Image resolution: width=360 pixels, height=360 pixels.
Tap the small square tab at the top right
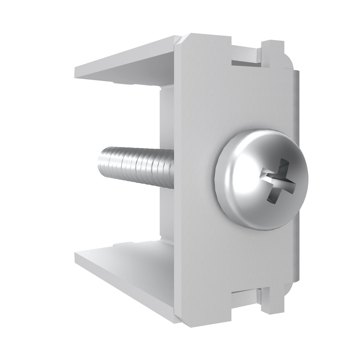[271, 48]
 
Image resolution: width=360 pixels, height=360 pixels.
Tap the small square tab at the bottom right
[271, 313]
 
